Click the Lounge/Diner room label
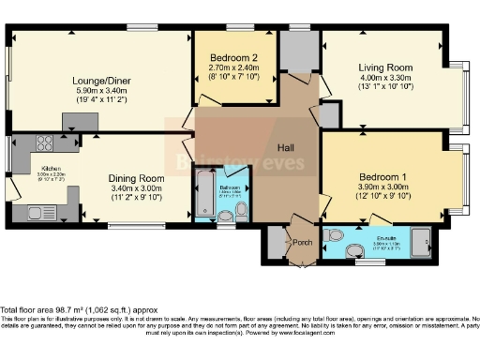[101, 81]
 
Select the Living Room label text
[385, 67]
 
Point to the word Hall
[287, 148]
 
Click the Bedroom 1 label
[383, 177]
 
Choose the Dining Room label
[138, 178]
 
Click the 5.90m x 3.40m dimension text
[101, 92]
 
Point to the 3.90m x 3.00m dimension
[383, 187]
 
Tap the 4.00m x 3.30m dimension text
[385, 78]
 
